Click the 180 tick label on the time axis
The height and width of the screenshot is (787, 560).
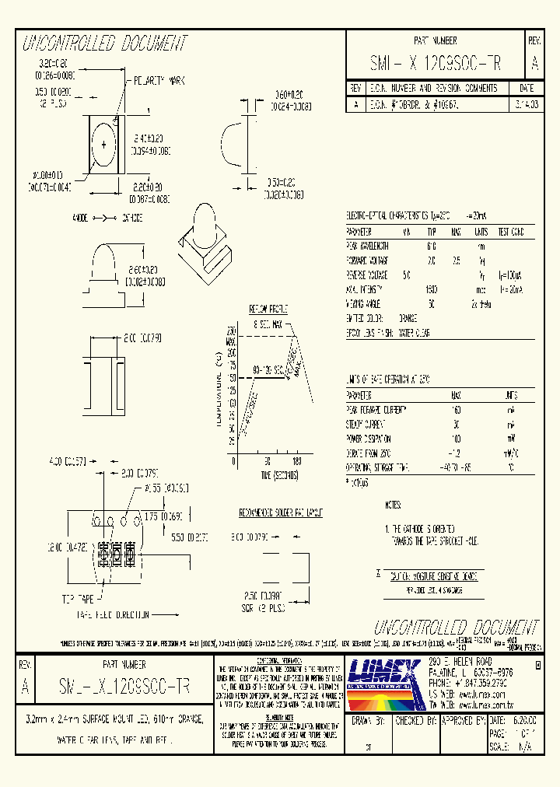tap(296, 462)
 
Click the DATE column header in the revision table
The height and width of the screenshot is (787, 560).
tap(526, 89)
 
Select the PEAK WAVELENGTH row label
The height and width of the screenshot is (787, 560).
tap(368, 246)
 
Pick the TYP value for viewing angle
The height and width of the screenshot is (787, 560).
tap(432, 303)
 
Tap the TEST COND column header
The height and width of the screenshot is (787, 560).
tap(511, 232)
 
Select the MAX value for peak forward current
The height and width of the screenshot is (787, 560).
tap(456, 408)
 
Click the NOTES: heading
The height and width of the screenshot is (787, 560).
tap(394, 505)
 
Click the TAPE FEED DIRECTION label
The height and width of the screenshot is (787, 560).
tap(114, 614)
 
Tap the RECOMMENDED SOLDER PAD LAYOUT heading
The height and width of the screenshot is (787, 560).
tap(281, 513)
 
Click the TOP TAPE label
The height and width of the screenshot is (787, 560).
tap(77, 600)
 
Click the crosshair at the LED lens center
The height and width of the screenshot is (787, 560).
tap(102, 145)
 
